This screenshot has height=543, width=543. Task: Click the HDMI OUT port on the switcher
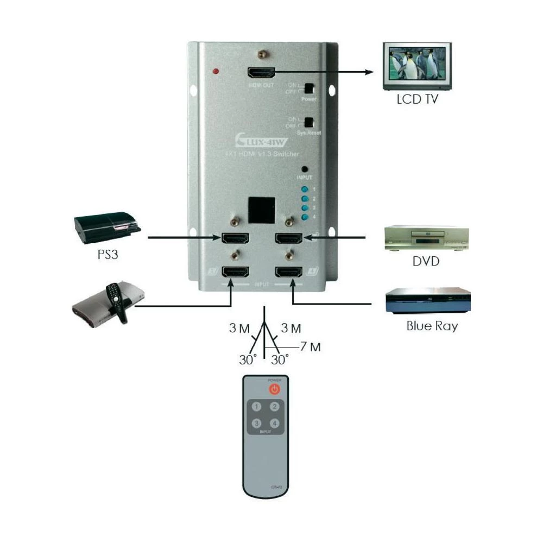[261, 73]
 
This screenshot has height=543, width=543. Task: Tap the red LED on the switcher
[216, 71]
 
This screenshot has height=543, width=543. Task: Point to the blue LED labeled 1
[305, 190]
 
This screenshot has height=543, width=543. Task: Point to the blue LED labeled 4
[305, 218]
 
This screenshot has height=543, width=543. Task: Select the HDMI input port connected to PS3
[235, 238]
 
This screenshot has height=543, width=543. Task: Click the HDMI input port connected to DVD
[289, 238]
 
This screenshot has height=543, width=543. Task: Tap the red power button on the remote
[275, 389]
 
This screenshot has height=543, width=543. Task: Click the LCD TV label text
[416, 100]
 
